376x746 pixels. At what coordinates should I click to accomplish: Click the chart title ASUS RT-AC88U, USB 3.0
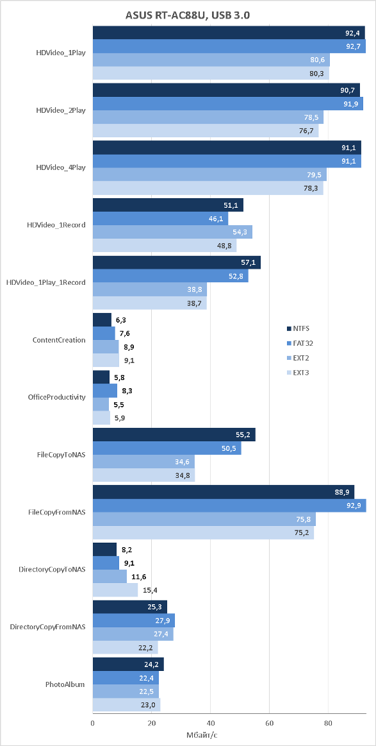188,16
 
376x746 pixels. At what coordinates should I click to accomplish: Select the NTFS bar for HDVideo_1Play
229,33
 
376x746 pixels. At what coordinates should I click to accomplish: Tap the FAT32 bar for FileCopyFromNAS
229,505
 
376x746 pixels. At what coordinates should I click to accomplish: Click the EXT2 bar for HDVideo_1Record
172,232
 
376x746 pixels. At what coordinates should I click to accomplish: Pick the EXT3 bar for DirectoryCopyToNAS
115,590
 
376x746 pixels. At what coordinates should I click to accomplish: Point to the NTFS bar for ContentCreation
102,319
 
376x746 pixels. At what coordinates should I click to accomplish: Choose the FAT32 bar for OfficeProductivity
105,391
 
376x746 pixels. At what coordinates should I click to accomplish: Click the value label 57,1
249,262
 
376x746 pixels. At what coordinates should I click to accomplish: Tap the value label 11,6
138,577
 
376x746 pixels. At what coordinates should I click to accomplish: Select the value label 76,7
307,131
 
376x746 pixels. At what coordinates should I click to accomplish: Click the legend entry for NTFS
299,328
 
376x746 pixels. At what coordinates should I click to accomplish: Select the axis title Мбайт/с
202,735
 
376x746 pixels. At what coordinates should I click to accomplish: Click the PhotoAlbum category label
65,684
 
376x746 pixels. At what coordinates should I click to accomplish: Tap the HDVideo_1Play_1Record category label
46,282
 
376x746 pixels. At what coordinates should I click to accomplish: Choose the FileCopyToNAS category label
61,454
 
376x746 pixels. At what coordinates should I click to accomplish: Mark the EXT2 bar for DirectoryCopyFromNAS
133,634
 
